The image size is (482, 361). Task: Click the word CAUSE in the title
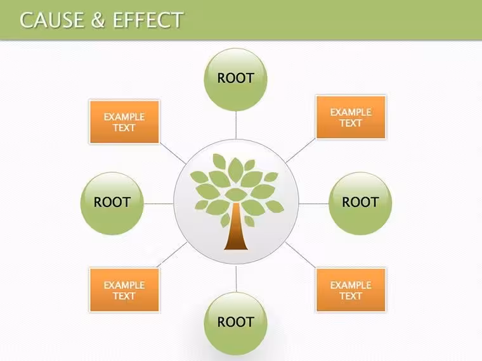(x=52, y=20)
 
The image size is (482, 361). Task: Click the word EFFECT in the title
(x=148, y=20)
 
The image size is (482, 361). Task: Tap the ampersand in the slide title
(x=98, y=20)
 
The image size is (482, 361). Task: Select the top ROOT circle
(x=235, y=80)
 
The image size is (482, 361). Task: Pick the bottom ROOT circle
(x=235, y=323)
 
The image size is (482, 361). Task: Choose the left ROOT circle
(x=112, y=203)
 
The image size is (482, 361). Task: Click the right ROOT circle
(x=360, y=203)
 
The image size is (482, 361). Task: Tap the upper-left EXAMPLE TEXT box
(x=124, y=122)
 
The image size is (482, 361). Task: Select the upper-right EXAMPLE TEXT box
(x=351, y=117)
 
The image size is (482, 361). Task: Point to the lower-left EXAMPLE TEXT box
(x=124, y=290)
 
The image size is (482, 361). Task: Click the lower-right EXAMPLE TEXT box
(x=351, y=290)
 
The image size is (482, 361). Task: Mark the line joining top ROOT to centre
(x=236, y=125)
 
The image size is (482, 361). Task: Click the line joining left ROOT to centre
(x=159, y=203)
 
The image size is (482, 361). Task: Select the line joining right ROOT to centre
(x=313, y=203)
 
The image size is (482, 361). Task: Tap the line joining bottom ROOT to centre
(x=236, y=279)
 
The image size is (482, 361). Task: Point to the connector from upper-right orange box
(x=301, y=150)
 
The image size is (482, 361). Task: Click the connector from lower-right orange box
(x=301, y=255)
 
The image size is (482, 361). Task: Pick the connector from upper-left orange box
(x=173, y=153)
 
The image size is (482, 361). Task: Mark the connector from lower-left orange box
(x=172, y=255)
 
